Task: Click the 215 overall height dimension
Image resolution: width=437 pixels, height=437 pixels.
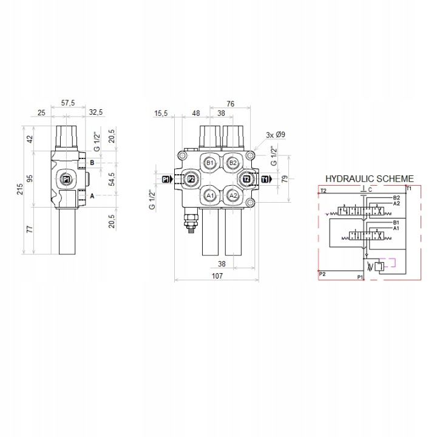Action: [x=21, y=189]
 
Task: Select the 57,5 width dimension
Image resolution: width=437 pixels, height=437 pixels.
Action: [x=68, y=103]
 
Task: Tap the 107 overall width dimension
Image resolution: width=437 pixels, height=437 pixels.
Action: [x=217, y=276]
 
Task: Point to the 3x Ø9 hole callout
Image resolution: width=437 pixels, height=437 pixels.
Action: [x=276, y=135]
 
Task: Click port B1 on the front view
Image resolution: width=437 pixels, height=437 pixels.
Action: [x=209, y=163]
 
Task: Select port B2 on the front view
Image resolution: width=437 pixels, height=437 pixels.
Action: [x=232, y=163]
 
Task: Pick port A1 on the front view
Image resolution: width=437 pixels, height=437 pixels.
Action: [x=209, y=195]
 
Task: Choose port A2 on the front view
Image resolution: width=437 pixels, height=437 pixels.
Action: [x=232, y=195]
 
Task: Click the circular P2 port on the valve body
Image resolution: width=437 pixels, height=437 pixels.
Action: [x=191, y=179]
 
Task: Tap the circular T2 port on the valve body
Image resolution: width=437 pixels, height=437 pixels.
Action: [x=246, y=179]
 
